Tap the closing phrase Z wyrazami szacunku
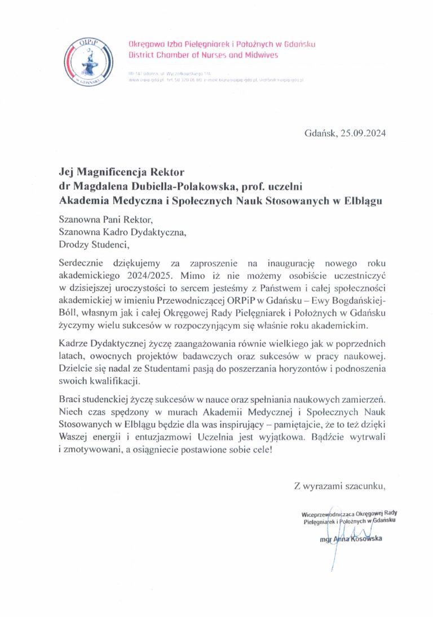click(339, 485)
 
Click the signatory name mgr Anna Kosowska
click(350, 540)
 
